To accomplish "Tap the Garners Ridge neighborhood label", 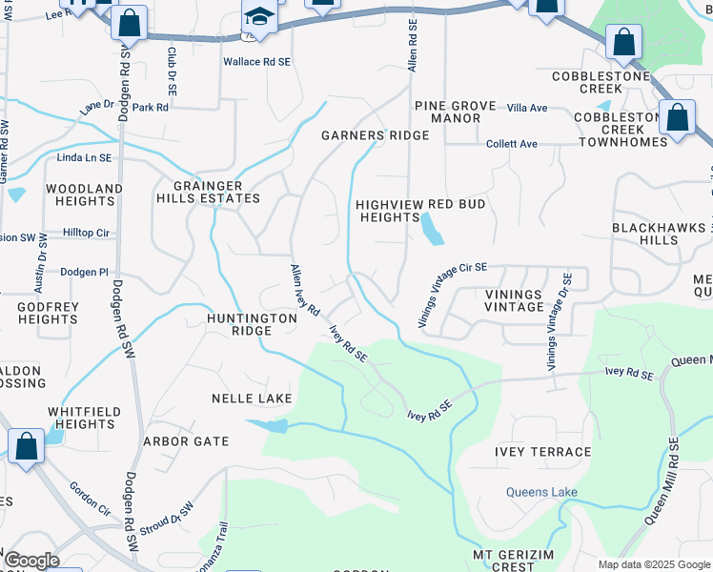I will click(x=375, y=135).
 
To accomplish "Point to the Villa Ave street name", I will click(x=526, y=108).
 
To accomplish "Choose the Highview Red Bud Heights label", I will click(x=420, y=211).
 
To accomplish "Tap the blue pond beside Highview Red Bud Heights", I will click(x=431, y=229).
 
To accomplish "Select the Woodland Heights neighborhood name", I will click(x=85, y=194).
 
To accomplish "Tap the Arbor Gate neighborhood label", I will click(x=186, y=441).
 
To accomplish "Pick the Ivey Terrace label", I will click(x=542, y=451).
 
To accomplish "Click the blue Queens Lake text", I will click(x=540, y=492).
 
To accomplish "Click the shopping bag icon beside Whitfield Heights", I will click(x=26, y=445).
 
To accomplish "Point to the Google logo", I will click(x=31, y=561).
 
